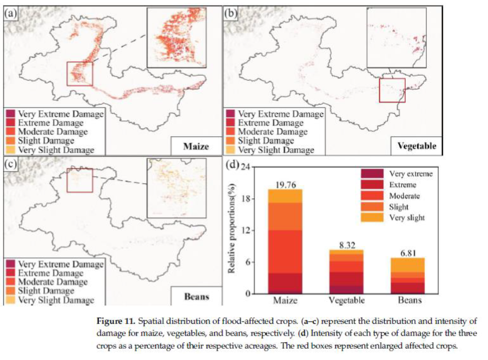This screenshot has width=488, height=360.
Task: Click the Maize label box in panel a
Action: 196,146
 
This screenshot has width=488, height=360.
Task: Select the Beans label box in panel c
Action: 196,297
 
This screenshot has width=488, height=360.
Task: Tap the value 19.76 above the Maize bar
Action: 285,184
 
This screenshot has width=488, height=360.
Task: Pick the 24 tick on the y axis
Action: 248,166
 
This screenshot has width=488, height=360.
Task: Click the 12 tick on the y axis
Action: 248,230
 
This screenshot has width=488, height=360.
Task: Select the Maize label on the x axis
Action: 285,300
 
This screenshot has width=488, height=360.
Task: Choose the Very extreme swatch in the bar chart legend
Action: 372,174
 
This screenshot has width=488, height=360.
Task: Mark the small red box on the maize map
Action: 80,74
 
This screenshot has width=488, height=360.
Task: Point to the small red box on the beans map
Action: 80,180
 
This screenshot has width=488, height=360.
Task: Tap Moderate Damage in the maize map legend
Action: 52,131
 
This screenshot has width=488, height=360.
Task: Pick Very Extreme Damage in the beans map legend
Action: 60,264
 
